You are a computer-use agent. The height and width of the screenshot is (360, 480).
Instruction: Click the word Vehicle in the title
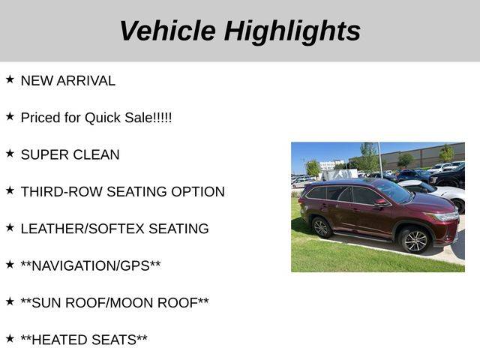point(168,31)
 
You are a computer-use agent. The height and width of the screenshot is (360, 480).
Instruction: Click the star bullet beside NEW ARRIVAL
point(10,79)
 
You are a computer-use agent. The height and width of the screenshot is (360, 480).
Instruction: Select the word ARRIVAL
point(86,81)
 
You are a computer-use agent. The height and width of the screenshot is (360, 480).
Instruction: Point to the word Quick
point(103,118)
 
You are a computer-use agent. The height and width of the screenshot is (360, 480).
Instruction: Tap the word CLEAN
point(96,155)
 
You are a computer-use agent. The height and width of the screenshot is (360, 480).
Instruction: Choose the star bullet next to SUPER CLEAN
point(10,153)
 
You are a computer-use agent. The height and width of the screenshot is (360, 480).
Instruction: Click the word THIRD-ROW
point(61,192)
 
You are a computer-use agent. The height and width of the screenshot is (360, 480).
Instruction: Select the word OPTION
point(198,192)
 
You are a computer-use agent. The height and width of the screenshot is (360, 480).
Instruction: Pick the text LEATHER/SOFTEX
point(82,229)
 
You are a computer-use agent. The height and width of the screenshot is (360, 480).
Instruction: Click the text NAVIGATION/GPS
point(91,266)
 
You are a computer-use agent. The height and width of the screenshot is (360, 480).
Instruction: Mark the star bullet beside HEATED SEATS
point(10,338)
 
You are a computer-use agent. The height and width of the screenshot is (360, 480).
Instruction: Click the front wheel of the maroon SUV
point(415,241)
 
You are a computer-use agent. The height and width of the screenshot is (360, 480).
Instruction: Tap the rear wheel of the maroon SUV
point(322,227)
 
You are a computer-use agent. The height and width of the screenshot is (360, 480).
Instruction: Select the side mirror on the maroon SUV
point(381,202)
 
